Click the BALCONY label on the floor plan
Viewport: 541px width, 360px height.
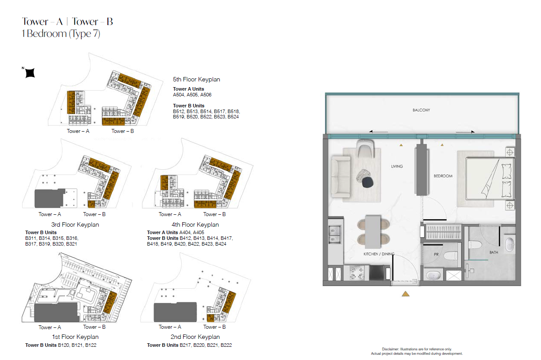[421, 110]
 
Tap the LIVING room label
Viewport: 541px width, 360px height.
[397, 166]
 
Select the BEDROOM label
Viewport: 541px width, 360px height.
[443, 176]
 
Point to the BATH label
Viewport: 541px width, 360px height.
[493, 252]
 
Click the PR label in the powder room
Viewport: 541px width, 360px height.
[436, 254]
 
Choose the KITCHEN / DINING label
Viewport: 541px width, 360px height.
[379, 254]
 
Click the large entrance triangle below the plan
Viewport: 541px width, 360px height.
[405, 294]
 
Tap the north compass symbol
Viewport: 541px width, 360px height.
[30, 73]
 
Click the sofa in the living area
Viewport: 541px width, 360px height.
[341, 177]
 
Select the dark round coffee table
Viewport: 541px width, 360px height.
[368, 182]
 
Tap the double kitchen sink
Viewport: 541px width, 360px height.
[335, 234]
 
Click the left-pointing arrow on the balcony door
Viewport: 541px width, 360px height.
[379, 132]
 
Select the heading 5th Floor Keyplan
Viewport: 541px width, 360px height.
[196, 79]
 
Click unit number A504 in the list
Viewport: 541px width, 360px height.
[179, 95]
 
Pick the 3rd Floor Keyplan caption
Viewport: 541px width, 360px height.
[75, 224]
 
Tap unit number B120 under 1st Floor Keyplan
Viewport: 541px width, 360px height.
[63, 345]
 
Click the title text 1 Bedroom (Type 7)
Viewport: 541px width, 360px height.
[61, 33]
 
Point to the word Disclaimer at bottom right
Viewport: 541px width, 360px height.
[390, 349]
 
